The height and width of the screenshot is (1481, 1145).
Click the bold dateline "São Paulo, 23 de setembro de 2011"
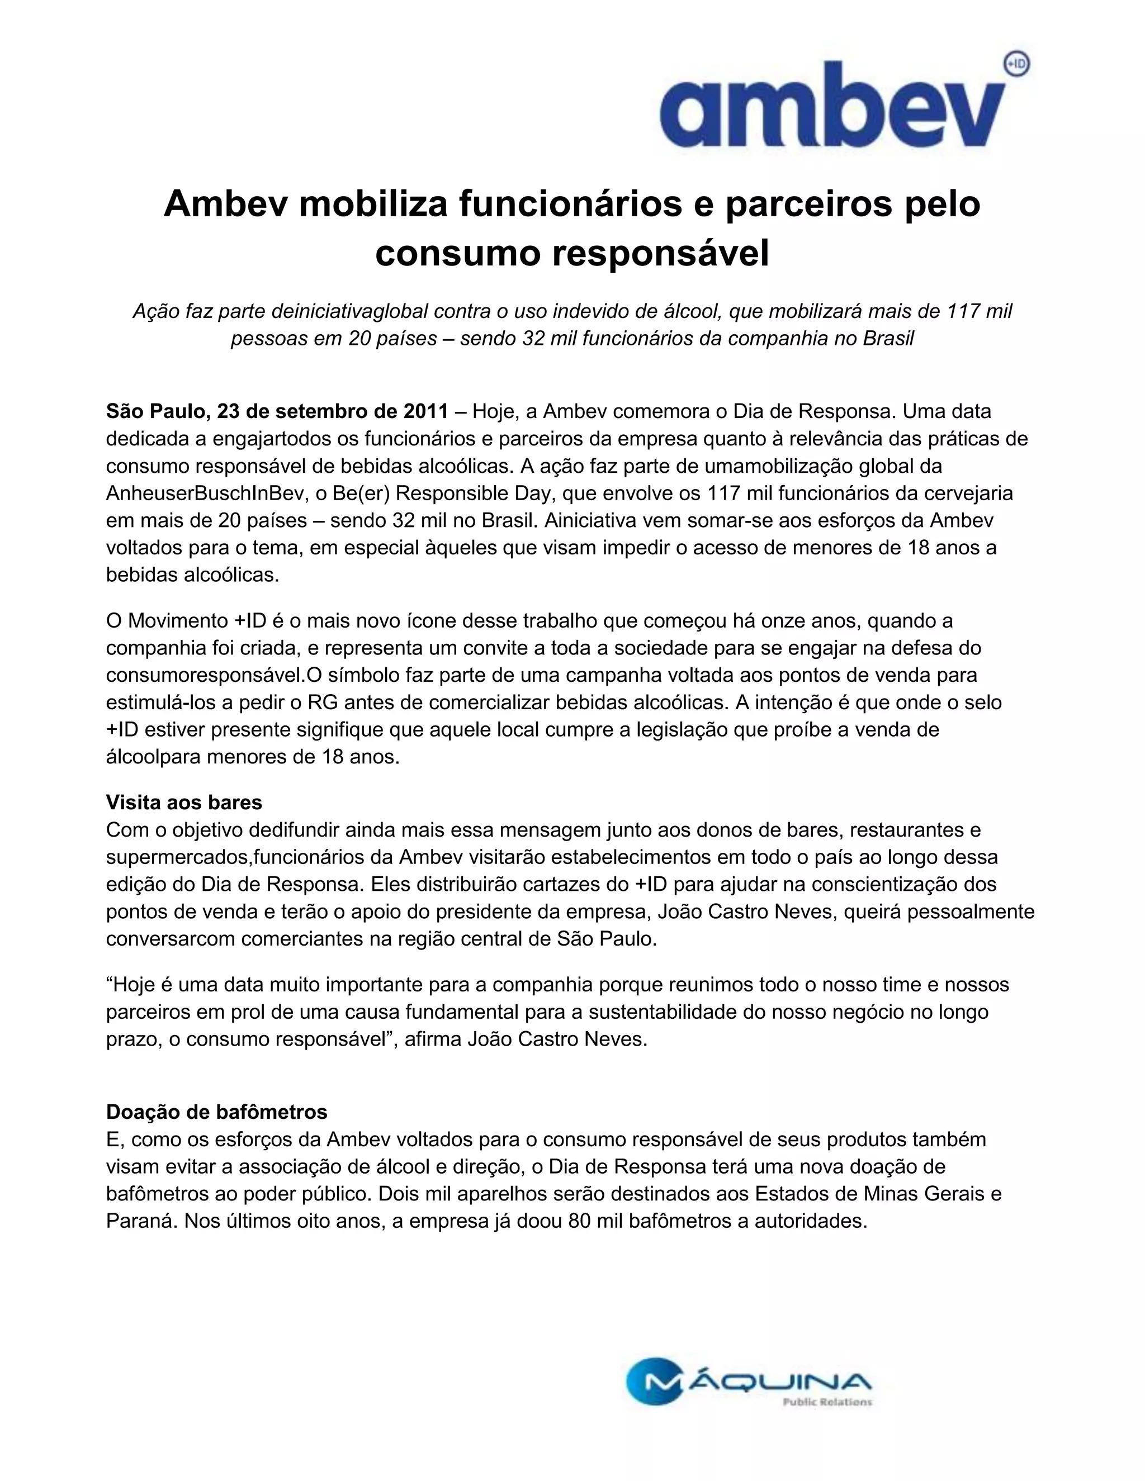[x=277, y=412]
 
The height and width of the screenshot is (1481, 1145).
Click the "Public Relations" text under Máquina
[x=827, y=1402]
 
